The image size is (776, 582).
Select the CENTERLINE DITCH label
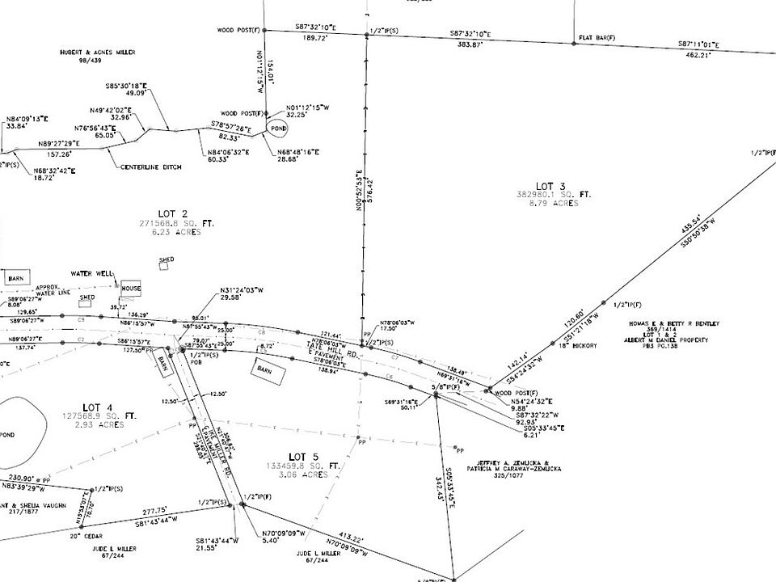coord(151,167)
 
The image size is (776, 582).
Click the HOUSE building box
coord(131,288)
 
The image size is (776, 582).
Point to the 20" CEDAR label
coord(85,536)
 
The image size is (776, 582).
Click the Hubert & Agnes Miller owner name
coord(97,52)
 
